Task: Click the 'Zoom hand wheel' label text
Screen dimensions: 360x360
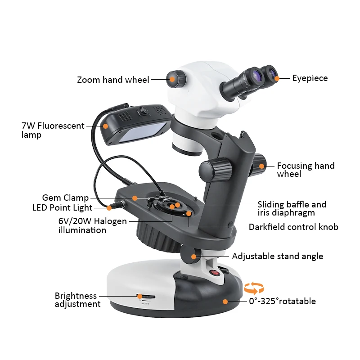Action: pyautogui.click(x=112, y=80)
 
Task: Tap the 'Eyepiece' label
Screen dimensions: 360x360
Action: pyautogui.click(x=310, y=78)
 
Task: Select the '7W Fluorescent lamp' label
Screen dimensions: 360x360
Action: pyautogui.click(x=53, y=130)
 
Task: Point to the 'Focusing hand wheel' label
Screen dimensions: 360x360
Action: pyautogui.click(x=306, y=170)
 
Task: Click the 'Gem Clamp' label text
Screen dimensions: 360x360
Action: pyautogui.click(x=65, y=198)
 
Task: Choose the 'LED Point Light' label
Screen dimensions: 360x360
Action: pyautogui.click(x=62, y=208)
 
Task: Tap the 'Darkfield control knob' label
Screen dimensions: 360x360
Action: pyautogui.click(x=293, y=227)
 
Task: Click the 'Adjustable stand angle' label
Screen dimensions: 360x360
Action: pyautogui.click(x=277, y=256)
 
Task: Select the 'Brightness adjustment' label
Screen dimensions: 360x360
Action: pyautogui.click(x=77, y=300)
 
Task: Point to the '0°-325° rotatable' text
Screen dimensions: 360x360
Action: pyautogui.click(x=282, y=301)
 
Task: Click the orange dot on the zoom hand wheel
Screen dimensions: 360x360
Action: pyautogui.click(x=172, y=80)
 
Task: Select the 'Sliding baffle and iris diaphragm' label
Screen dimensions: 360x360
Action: pyautogui.click(x=292, y=209)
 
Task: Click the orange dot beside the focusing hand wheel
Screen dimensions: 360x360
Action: pyautogui.click(x=261, y=166)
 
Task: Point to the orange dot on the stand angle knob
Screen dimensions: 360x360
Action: pyautogui.click(x=194, y=257)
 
